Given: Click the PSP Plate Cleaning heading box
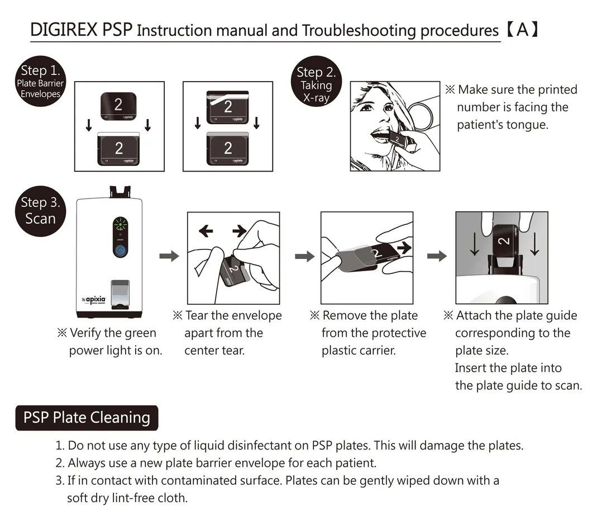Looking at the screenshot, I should click(87, 418).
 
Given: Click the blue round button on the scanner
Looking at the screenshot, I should click(118, 250).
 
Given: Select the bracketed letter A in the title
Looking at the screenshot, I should click(522, 29).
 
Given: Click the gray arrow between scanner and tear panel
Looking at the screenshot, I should click(169, 256).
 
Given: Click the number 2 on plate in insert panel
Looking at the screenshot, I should click(504, 241).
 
